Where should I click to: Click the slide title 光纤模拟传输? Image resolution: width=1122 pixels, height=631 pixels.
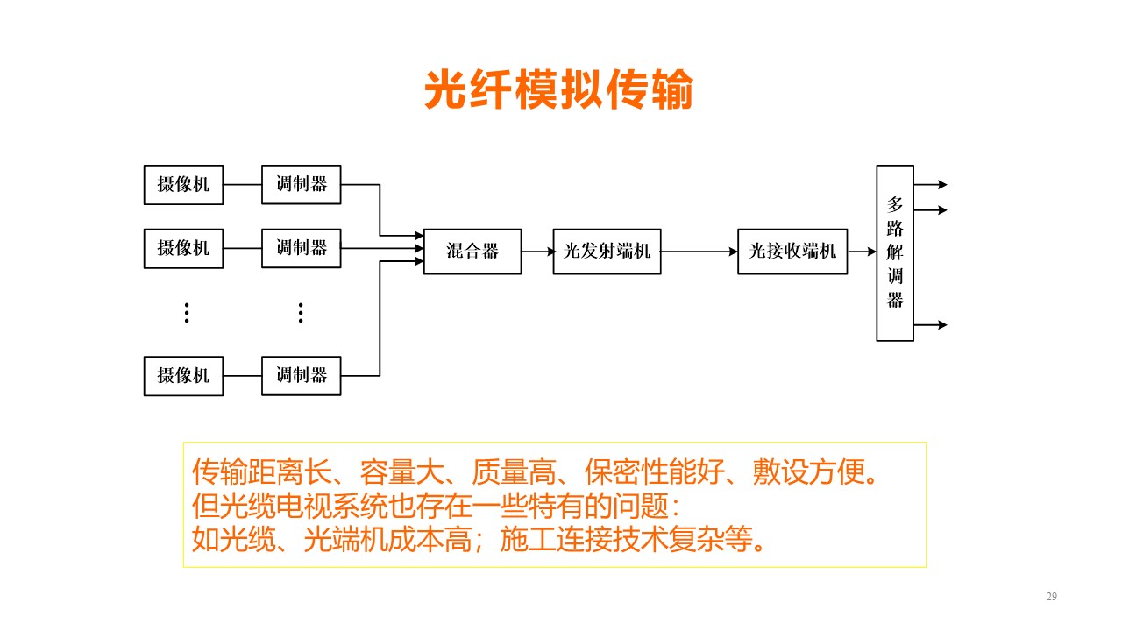point(558,89)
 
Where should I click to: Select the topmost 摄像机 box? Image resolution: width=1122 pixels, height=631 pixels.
point(183,185)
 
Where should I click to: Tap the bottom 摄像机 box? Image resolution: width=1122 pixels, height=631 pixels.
point(183,376)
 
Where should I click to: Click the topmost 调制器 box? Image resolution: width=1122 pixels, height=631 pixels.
point(301,185)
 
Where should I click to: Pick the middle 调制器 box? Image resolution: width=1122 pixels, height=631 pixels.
point(301,248)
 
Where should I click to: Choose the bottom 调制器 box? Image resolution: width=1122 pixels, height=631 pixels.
point(301,376)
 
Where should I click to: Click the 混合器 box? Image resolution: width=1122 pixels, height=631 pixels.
point(472,252)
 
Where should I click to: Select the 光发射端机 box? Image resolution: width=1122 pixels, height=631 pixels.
point(607,252)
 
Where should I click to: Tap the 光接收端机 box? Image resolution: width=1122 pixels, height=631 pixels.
point(792,252)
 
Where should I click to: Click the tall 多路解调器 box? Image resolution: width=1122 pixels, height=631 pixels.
point(895,253)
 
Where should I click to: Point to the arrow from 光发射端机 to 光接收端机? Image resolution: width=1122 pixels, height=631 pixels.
point(699,252)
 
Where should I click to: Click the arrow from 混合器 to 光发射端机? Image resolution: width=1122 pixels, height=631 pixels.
point(537,252)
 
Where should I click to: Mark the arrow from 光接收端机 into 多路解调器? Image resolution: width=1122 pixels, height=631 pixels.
point(862,252)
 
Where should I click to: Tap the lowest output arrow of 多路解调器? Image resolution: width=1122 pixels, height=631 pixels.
point(931,325)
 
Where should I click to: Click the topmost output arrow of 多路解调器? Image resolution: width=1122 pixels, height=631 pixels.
point(931,185)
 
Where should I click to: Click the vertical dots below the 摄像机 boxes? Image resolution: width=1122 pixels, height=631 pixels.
point(187,313)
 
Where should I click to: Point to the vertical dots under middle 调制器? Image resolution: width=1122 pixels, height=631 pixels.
point(301,313)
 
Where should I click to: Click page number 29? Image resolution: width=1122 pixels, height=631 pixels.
point(1051,597)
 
